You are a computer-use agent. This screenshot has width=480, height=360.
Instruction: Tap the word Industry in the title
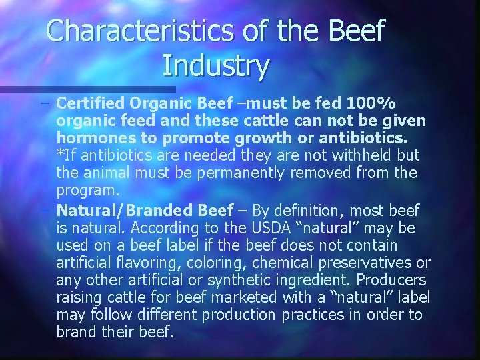[x=215, y=66]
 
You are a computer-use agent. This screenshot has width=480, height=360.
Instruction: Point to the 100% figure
[x=370, y=104]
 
